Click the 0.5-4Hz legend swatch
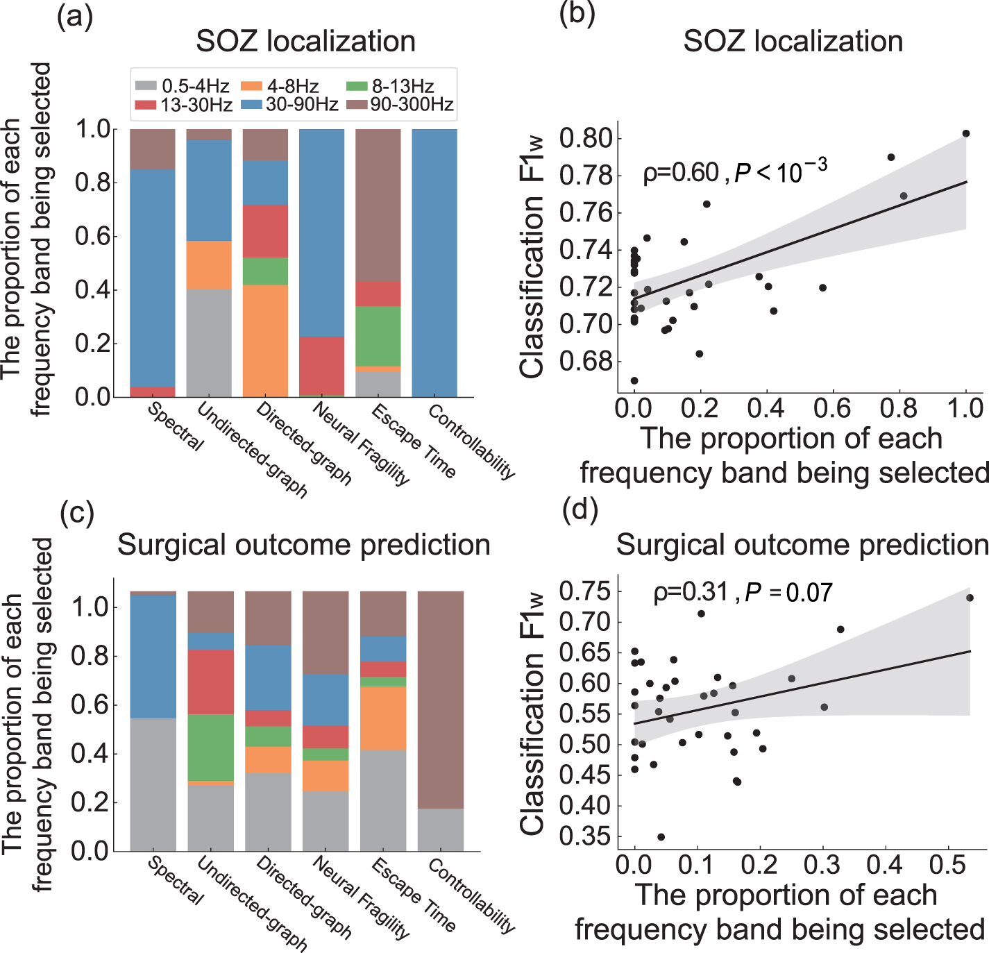146,86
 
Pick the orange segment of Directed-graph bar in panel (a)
265,340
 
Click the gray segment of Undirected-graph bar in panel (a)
209,342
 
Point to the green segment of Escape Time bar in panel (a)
378,336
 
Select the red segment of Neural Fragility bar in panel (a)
321,365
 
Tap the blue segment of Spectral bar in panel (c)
153,656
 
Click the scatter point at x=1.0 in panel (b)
965,133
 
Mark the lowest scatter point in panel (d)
661,837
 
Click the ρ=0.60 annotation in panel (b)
681,172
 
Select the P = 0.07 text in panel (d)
788,593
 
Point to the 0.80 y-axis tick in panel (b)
586,137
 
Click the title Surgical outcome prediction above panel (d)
802,545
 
